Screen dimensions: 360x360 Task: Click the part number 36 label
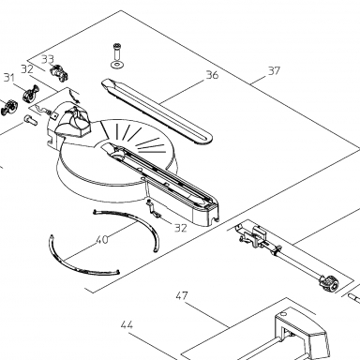212,75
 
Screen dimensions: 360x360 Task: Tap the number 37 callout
274,71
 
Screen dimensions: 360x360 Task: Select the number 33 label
48,59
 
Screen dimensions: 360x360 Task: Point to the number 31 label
9,78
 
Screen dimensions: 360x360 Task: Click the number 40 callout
102,240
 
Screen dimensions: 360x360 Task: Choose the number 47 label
182,295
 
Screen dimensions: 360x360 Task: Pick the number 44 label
127,324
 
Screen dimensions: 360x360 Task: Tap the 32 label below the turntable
180,228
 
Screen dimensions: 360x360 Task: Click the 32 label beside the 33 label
27,68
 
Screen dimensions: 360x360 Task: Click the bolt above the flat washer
117,52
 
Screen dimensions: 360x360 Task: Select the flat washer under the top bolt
117,65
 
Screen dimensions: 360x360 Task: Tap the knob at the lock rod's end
328,282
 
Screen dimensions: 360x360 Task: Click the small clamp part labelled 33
59,72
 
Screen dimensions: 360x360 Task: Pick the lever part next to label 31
31,93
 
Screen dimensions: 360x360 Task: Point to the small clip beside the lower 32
153,208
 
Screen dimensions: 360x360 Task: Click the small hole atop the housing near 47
283,313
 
